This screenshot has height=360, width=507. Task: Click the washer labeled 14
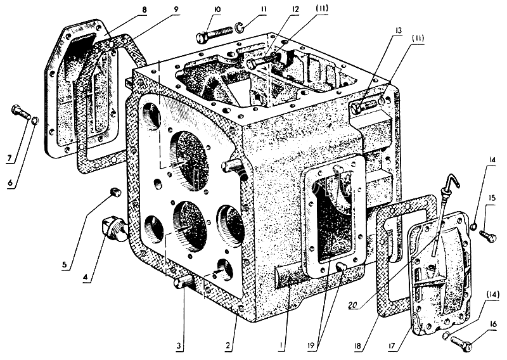473,224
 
